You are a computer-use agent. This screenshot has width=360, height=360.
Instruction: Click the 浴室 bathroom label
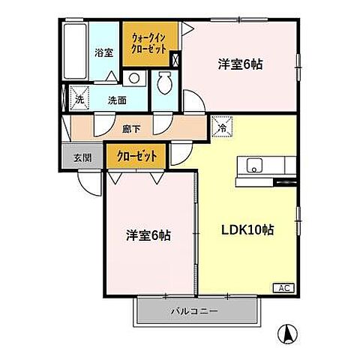[x=103, y=52]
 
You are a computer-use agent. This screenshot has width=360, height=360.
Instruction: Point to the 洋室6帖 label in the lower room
[x=148, y=235]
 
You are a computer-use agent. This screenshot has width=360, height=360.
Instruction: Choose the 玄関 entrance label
[x=82, y=157]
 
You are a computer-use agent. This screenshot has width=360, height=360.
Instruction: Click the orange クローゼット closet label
[x=137, y=157]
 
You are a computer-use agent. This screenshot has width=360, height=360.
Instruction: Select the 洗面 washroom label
[x=116, y=99]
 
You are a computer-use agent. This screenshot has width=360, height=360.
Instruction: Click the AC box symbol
[x=286, y=288]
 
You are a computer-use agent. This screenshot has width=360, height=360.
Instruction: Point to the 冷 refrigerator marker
[x=221, y=127]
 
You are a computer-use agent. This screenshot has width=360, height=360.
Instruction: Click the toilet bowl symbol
[x=166, y=82]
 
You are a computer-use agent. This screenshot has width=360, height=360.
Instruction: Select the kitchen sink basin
[x=252, y=166]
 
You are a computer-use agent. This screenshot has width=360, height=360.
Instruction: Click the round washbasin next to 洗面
[x=133, y=77]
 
